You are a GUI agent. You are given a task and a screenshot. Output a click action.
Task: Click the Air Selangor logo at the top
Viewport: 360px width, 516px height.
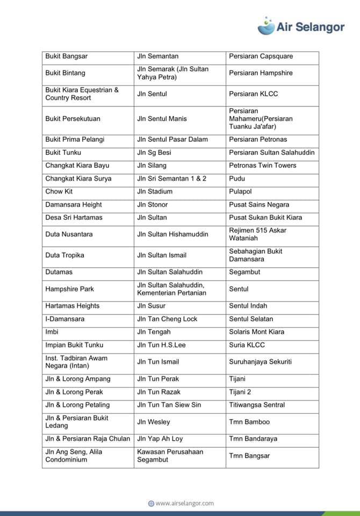click(301, 26)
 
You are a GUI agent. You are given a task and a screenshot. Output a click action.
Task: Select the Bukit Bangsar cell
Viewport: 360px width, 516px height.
click(67, 56)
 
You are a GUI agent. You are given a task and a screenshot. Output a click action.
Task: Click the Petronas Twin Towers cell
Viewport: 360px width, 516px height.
click(263, 166)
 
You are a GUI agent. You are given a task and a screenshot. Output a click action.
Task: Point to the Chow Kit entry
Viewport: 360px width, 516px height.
click(59, 191)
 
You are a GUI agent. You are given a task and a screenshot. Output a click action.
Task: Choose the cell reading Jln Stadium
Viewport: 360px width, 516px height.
click(155, 191)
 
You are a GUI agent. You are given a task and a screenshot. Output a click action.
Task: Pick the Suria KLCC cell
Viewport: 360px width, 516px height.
click(247, 345)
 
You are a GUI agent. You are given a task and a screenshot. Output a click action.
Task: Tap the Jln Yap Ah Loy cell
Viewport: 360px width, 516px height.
click(160, 439)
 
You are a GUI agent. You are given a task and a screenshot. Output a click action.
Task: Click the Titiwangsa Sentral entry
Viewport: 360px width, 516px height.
click(257, 405)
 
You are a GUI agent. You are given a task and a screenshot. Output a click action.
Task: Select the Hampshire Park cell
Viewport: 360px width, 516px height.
click(70, 289)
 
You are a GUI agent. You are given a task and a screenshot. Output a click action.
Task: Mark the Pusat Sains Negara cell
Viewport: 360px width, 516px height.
click(259, 204)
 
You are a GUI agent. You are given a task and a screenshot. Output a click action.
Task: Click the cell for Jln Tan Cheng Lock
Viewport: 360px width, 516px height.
click(167, 319)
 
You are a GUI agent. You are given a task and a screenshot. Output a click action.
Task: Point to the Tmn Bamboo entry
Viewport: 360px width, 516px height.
click(249, 422)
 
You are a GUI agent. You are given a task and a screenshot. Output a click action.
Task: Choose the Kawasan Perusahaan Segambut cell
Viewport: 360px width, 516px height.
click(170, 456)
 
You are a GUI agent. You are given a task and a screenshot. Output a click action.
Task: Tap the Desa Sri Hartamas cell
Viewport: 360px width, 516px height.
click(74, 218)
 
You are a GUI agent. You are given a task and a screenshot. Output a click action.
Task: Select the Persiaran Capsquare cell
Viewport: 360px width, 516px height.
click(261, 56)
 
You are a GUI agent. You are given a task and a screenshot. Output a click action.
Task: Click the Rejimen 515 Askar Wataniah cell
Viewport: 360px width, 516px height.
click(258, 234)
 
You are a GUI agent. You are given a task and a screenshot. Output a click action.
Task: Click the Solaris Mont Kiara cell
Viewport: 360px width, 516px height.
click(257, 332)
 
